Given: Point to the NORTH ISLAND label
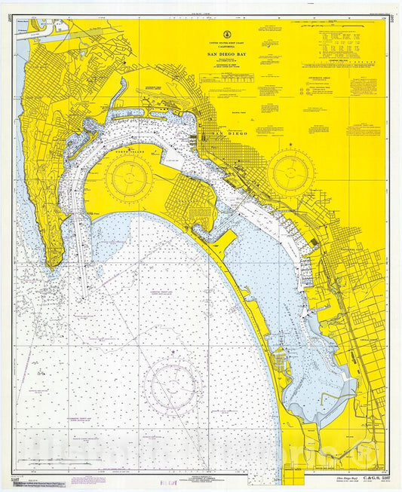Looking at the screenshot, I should coord(129,148).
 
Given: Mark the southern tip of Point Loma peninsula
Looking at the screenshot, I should coord(52,265).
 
